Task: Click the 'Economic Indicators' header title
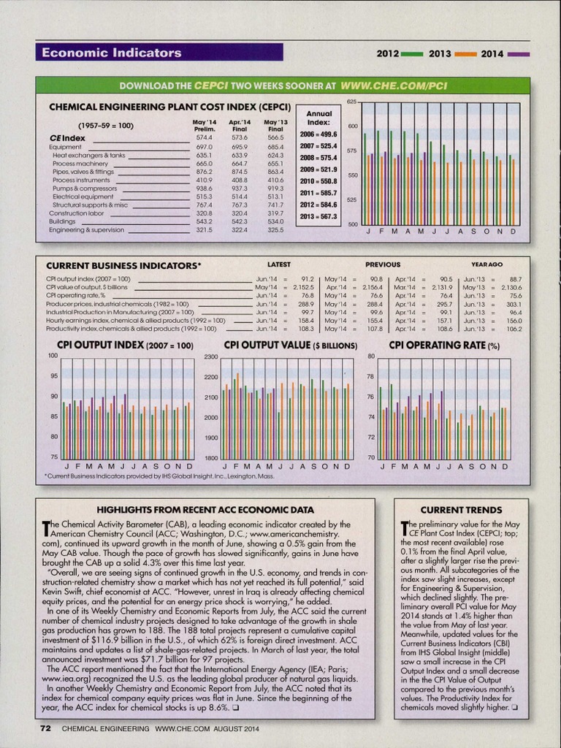point(111,53)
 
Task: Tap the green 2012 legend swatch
point(412,54)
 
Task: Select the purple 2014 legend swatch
point(519,54)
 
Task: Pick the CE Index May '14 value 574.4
point(205,137)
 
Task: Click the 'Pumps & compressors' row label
point(85,188)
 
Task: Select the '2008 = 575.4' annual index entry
point(318,158)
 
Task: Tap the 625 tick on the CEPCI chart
point(351,101)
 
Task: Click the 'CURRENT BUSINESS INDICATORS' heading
point(123,265)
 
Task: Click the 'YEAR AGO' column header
point(486,264)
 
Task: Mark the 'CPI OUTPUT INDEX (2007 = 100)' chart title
point(125,345)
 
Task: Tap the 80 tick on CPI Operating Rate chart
point(370,356)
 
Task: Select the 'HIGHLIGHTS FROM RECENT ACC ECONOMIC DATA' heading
point(205,509)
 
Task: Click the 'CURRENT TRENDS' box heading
point(460,509)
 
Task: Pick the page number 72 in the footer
point(44,728)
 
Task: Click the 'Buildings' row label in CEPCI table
point(62,221)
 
